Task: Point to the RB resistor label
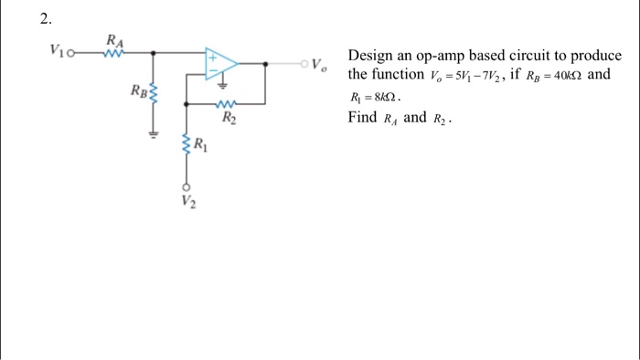point(137,90)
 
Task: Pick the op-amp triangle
point(220,63)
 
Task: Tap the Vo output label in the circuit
point(316,65)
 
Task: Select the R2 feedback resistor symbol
point(228,104)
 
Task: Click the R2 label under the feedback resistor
point(229,116)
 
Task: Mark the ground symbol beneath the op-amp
point(220,90)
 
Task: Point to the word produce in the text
point(595,56)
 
